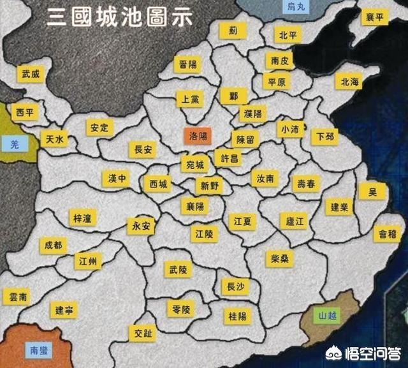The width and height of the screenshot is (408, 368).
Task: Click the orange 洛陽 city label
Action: pyautogui.click(x=197, y=136)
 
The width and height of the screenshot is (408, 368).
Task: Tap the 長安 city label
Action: pyautogui.click(x=142, y=150)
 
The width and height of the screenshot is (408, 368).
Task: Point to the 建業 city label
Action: pyautogui.click(x=339, y=207)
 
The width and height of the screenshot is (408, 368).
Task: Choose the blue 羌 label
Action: pyautogui.click(x=15, y=144)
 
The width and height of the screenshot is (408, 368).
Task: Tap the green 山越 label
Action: pyautogui.click(x=329, y=316)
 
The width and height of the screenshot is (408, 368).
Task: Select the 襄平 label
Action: pyautogui.click(x=374, y=17)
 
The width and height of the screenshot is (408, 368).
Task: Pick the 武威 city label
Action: pyautogui.click(x=30, y=75)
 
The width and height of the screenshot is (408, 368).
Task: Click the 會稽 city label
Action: pyautogui.click(x=388, y=234)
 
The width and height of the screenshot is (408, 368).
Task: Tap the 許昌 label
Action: pyautogui.click(x=227, y=157)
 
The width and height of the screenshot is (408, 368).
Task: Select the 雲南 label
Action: pyautogui.click(x=16, y=297)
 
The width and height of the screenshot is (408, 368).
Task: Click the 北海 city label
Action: pyautogui.click(x=350, y=82)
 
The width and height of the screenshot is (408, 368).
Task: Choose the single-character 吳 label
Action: pyautogui.click(x=372, y=191)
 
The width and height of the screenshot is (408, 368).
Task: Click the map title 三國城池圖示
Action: pyautogui.click(x=119, y=17)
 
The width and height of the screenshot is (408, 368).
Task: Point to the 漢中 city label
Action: pyautogui.click(x=115, y=178)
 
